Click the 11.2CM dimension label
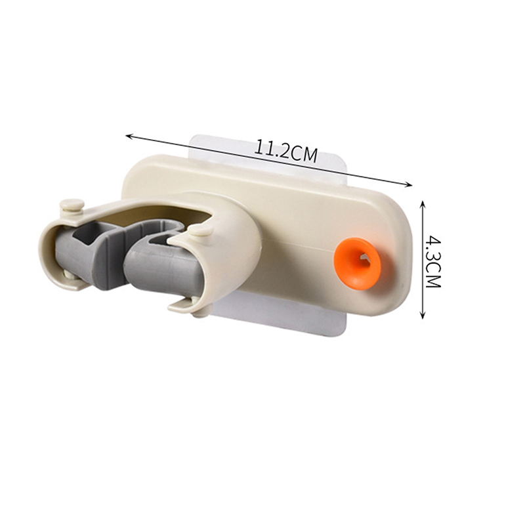click(285, 151)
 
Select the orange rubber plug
click(357, 264)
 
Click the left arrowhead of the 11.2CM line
click(129, 136)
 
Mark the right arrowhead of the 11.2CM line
click(409, 184)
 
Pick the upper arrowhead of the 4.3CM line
click(423, 204)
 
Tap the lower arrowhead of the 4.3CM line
click(423, 315)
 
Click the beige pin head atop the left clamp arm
click(72, 204)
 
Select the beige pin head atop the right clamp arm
click(200, 230)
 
